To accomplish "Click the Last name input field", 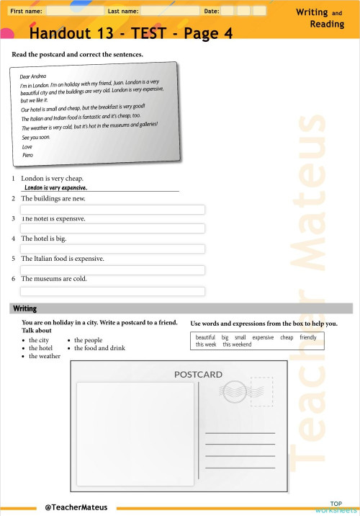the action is tap(169, 12).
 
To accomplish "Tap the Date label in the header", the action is tap(212, 12).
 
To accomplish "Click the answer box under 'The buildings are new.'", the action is tap(112, 210).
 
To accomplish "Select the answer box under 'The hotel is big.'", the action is tap(112, 249).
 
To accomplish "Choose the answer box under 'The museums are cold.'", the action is tap(112, 291).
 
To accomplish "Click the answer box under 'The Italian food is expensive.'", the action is tap(112, 270).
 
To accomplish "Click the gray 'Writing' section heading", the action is tap(25, 308).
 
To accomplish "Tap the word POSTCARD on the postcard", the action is tap(198, 375).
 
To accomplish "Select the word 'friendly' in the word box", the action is tap(308, 337).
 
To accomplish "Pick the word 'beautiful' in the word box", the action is tap(205, 337).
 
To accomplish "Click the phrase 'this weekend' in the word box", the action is tap(237, 345).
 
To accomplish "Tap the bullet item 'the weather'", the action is tap(45, 356).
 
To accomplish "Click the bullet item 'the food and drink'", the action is tap(99, 348).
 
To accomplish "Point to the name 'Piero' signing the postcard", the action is tap(28, 155).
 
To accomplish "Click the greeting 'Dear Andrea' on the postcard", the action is tap(33, 76).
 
